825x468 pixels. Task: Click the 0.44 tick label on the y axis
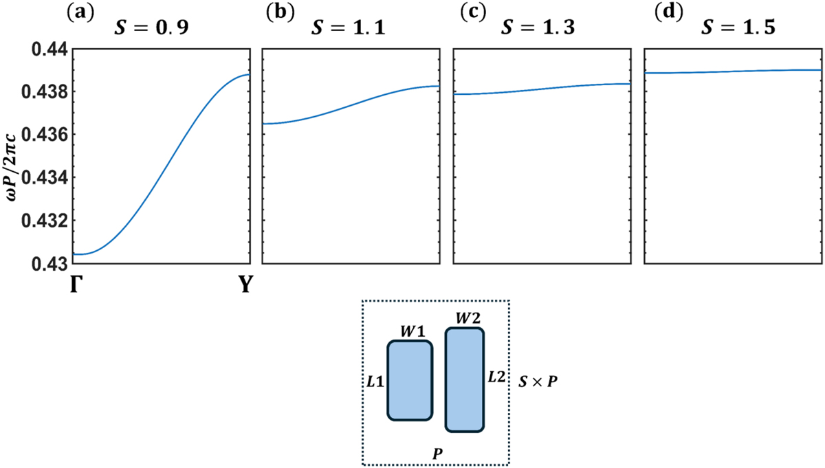[x=49, y=49]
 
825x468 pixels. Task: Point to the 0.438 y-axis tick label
[x=45, y=92]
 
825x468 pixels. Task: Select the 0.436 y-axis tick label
[x=45, y=135]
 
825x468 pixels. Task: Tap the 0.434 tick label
[x=45, y=178]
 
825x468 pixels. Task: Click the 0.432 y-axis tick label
[x=45, y=221]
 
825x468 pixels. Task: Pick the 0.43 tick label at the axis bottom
[x=49, y=265]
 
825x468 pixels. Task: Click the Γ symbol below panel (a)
[x=74, y=284]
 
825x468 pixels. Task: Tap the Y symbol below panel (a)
[x=245, y=284]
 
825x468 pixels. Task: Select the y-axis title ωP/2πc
[x=12, y=157]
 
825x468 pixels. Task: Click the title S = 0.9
[x=151, y=27]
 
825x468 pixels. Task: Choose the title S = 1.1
[x=349, y=27]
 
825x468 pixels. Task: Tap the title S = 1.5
[x=738, y=27]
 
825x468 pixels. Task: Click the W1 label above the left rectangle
[x=413, y=332]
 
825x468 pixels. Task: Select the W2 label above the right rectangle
[x=468, y=318]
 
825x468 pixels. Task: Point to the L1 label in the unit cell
[x=375, y=382]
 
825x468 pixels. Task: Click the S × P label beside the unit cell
[x=538, y=382]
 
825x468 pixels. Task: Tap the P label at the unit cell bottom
[x=437, y=454]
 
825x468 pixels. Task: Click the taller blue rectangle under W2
[x=465, y=379]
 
